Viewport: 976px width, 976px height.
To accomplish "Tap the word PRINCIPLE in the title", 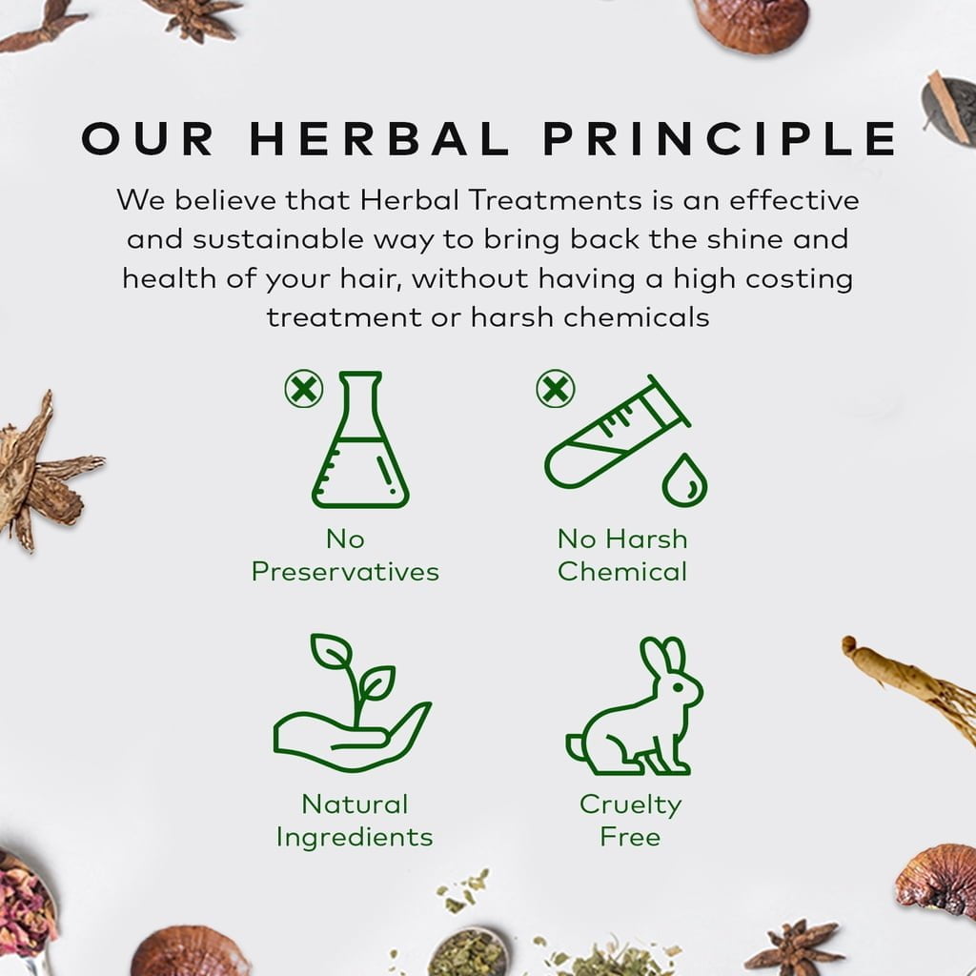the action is (x=721, y=138).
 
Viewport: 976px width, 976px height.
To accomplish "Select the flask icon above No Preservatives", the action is (x=359, y=439).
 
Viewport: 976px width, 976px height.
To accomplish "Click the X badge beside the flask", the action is (x=304, y=389).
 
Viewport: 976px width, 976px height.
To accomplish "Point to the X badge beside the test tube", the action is (x=556, y=389).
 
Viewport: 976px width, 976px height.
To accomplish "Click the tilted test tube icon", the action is (x=617, y=432).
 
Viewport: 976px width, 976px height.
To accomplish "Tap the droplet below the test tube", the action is (x=684, y=480).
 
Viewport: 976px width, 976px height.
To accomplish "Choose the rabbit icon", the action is (x=634, y=706).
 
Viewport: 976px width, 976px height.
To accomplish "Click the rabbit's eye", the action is (x=678, y=686).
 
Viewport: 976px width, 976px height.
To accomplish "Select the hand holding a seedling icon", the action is (x=352, y=703).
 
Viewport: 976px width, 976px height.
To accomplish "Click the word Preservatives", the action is (x=345, y=572).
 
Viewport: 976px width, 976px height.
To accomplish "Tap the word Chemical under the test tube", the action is (x=622, y=572).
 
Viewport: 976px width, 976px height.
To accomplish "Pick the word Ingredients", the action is (x=355, y=838).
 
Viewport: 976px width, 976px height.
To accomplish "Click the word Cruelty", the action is (x=631, y=805).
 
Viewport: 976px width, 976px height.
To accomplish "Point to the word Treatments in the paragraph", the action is (x=556, y=200).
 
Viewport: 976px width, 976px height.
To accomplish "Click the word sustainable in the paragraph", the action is (x=278, y=239).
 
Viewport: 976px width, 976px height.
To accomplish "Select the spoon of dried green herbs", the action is (x=468, y=952).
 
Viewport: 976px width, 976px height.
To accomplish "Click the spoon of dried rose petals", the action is (x=26, y=908).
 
